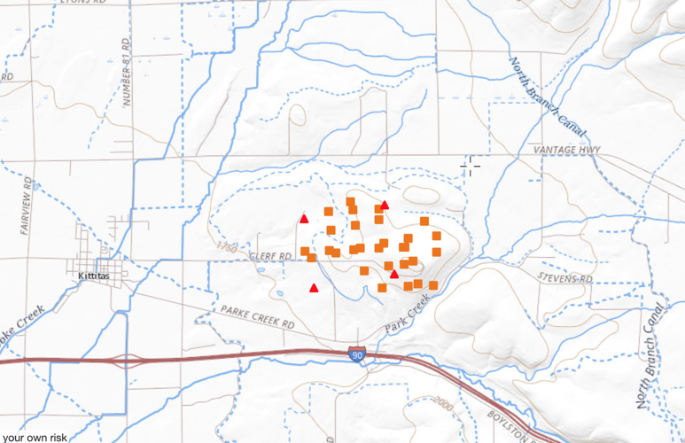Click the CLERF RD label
(x=272, y=257)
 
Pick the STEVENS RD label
(x=564, y=278)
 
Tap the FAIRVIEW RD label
(x=27, y=206)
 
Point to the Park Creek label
(x=408, y=315)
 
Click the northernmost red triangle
(x=385, y=205)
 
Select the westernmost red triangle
(x=304, y=218)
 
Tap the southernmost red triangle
(x=314, y=288)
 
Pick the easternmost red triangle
(x=394, y=274)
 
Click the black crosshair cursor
(x=471, y=164)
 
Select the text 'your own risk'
(x=35, y=437)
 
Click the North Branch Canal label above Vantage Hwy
(x=547, y=98)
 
